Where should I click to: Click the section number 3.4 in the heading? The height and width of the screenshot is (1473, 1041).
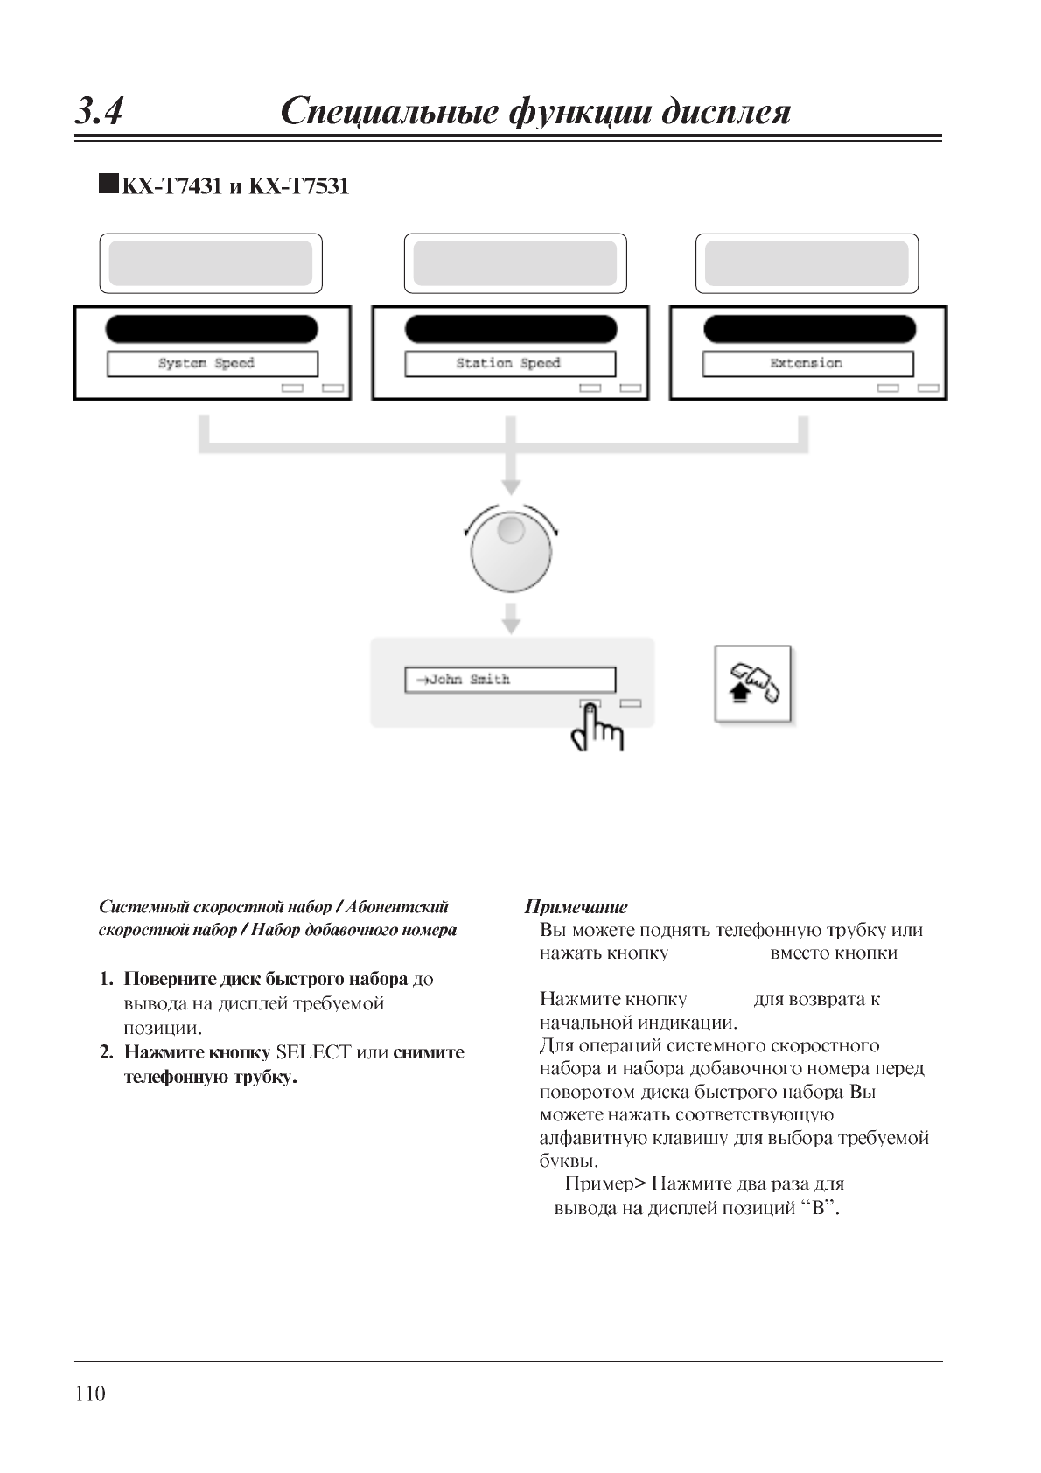[99, 112]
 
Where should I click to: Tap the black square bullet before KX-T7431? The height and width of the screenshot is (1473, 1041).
[108, 185]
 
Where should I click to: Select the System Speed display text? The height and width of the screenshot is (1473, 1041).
[206, 363]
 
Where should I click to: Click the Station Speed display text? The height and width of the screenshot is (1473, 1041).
[508, 363]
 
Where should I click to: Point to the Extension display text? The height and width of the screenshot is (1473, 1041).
[806, 363]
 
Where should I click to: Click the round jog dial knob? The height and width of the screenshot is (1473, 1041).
[511, 552]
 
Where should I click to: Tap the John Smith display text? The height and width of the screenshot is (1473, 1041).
[464, 680]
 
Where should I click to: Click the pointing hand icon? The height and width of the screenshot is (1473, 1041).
[597, 730]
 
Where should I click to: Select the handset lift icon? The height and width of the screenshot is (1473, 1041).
[753, 684]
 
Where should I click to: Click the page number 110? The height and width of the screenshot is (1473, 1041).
[90, 1394]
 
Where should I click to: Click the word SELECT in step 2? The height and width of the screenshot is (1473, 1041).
[313, 1052]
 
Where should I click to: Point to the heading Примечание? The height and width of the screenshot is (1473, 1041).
[576, 907]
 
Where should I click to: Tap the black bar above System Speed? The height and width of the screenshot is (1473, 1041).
[212, 330]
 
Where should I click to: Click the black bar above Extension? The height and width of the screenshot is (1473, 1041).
[809, 330]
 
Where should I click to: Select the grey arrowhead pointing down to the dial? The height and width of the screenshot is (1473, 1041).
[511, 486]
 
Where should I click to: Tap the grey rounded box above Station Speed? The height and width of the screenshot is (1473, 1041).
[515, 263]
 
